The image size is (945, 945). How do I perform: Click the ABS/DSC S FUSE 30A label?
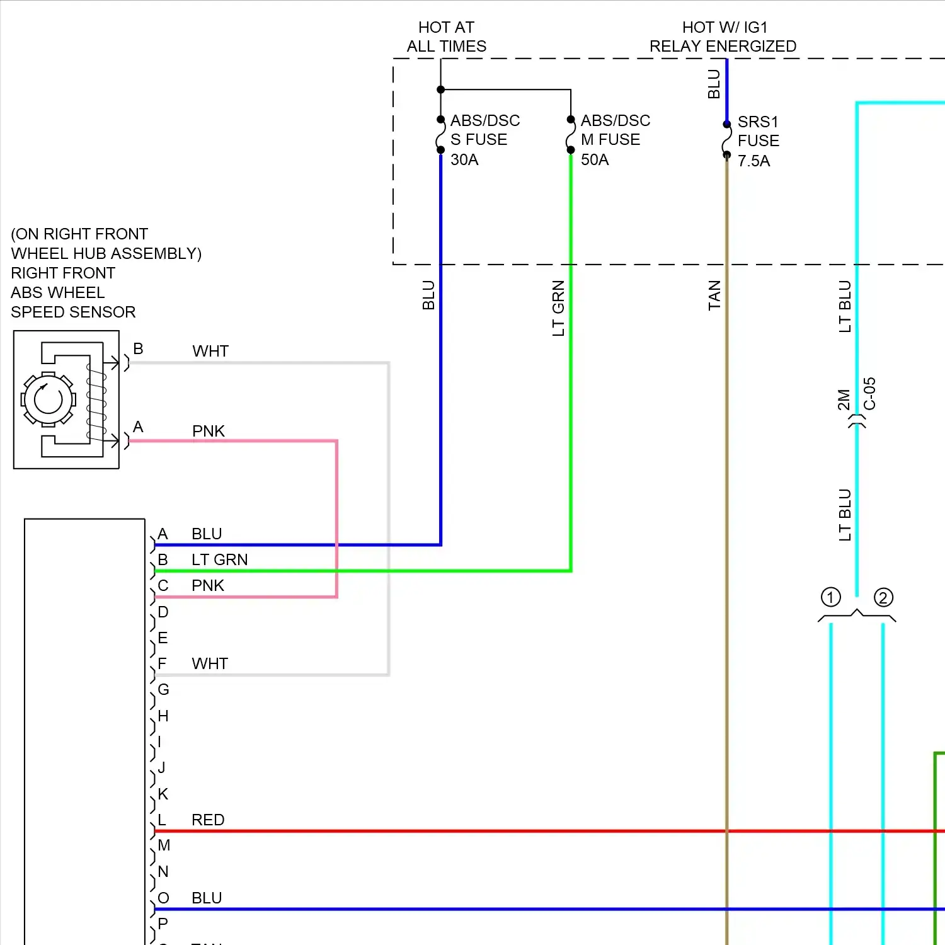484,140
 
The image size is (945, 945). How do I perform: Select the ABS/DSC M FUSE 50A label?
615,140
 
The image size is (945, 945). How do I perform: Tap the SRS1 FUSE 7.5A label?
758,141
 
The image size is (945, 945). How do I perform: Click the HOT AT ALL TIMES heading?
446,37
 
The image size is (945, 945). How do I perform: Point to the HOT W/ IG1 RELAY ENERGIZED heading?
723,37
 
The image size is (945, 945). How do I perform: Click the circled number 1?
830,597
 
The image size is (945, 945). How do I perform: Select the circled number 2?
883,597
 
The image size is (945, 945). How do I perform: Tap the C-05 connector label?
869,394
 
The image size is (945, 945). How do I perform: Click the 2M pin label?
844,400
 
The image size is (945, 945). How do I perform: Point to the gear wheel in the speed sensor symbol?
49,399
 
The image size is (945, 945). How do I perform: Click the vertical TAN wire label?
714,295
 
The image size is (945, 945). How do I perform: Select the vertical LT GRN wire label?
558,308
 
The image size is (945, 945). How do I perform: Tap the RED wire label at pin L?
208,820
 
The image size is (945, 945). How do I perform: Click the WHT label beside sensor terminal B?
210,351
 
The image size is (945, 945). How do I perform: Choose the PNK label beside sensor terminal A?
209,431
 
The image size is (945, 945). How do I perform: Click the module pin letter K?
163,794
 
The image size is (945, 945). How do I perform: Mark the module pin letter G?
163,689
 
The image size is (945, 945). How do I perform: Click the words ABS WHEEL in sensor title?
58,292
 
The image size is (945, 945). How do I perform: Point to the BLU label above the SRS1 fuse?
714,84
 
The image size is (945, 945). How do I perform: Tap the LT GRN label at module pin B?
219,559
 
